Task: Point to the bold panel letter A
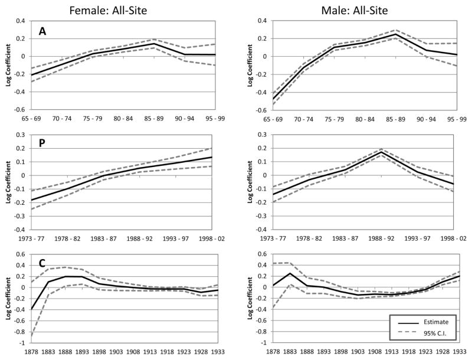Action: click(42, 31)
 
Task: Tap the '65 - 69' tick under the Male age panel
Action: click(273, 118)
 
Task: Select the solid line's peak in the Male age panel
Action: click(396, 34)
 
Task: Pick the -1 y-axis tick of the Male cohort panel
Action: click(262, 343)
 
